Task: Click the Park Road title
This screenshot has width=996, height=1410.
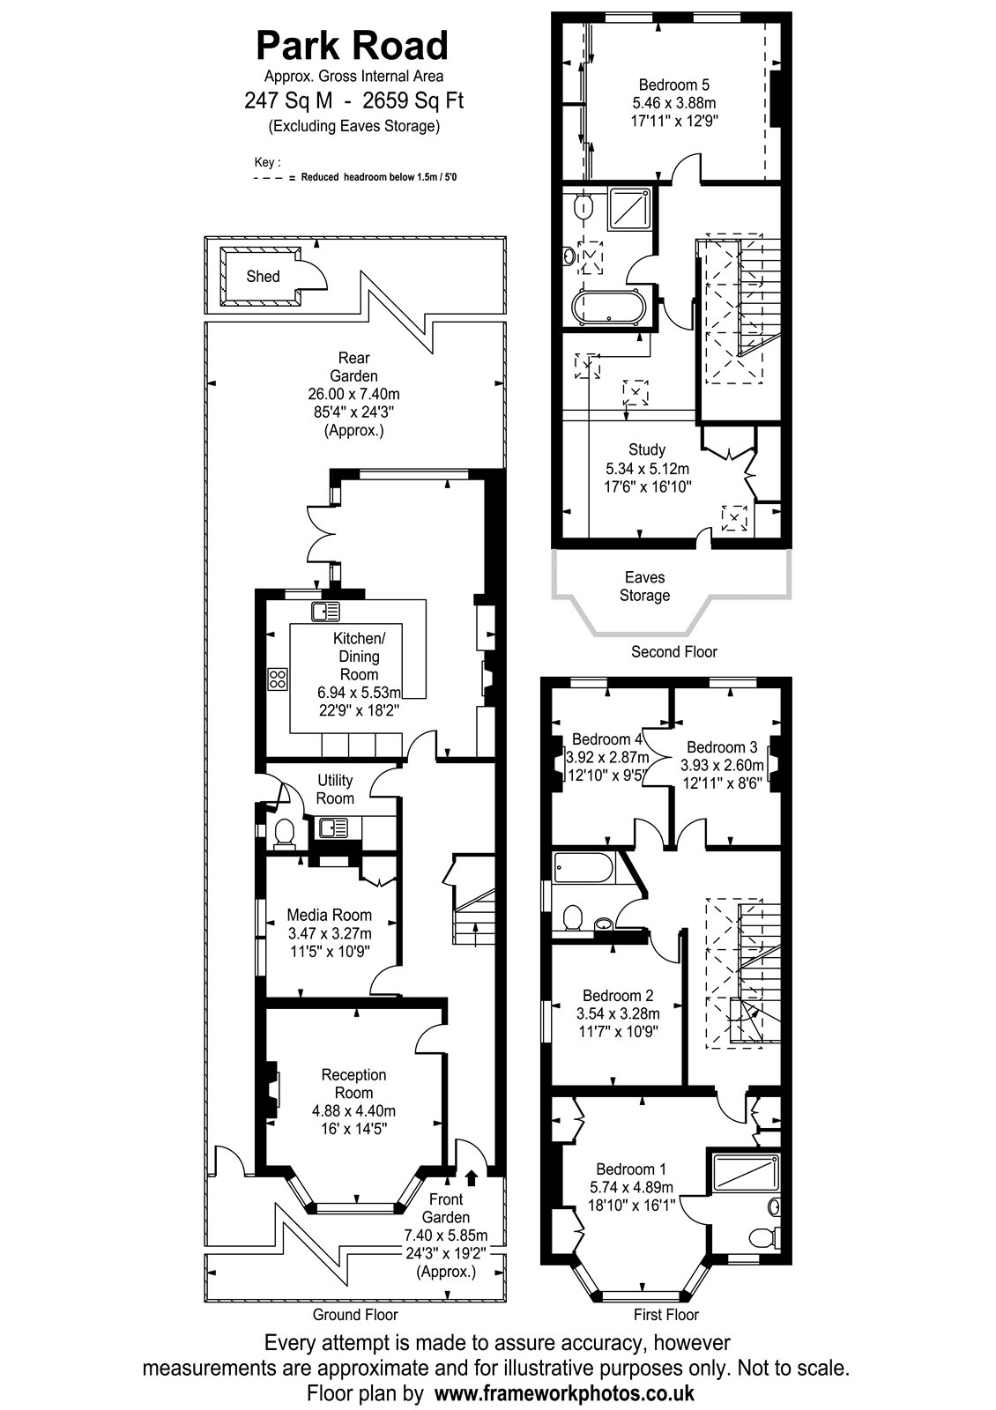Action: [x=352, y=46]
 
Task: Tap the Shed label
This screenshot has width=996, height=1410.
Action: [x=264, y=277]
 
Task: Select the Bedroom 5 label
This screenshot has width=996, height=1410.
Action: [x=673, y=85]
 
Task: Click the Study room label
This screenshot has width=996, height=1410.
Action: [x=647, y=449]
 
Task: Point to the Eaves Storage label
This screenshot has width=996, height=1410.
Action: [x=644, y=586]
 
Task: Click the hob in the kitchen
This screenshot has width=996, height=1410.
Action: [x=278, y=679]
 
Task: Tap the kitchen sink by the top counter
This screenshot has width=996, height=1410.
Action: [x=325, y=612]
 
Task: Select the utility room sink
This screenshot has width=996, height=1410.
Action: [x=334, y=827]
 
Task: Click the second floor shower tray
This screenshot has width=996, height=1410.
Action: [x=629, y=209]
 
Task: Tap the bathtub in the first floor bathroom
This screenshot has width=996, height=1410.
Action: [x=583, y=869]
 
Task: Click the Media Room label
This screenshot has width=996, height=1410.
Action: [x=330, y=915]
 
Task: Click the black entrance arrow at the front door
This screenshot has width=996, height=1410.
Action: [x=472, y=1176]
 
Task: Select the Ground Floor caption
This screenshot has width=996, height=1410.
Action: [x=355, y=1314]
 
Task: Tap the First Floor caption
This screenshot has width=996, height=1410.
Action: [x=666, y=1314]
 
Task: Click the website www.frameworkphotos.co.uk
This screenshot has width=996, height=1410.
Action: [x=564, y=1391]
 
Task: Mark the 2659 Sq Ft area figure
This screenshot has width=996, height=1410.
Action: [x=407, y=100]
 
